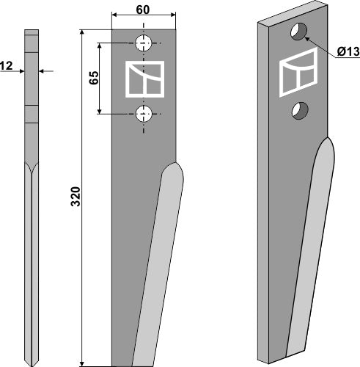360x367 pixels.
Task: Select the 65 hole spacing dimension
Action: (94, 78)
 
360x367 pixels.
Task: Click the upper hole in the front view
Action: (144, 42)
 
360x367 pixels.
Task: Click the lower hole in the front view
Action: (144, 113)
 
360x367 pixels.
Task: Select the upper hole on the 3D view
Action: (298, 32)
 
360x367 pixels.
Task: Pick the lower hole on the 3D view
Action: (298, 110)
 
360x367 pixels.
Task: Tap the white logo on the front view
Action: (144, 78)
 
